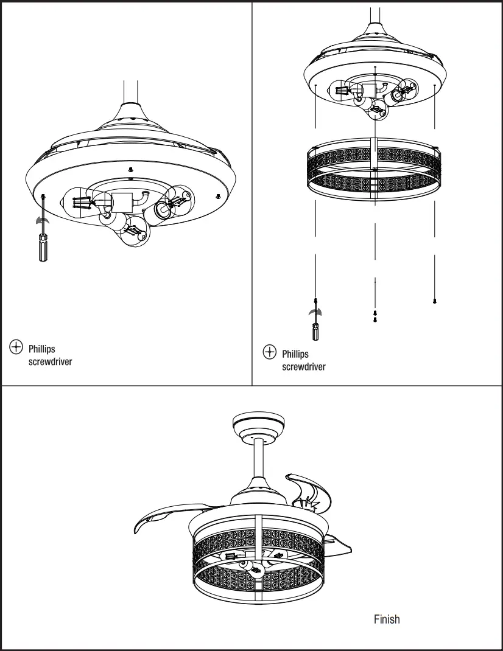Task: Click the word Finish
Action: tap(387, 619)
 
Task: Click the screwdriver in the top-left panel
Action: tap(43, 247)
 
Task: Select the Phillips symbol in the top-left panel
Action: tap(16, 347)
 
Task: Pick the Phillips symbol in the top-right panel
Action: tap(269, 352)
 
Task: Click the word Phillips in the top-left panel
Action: tap(41, 349)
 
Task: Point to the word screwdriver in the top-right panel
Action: tap(303, 367)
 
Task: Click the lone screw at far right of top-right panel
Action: tap(434, 301)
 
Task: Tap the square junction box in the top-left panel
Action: tap(121, 201)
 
